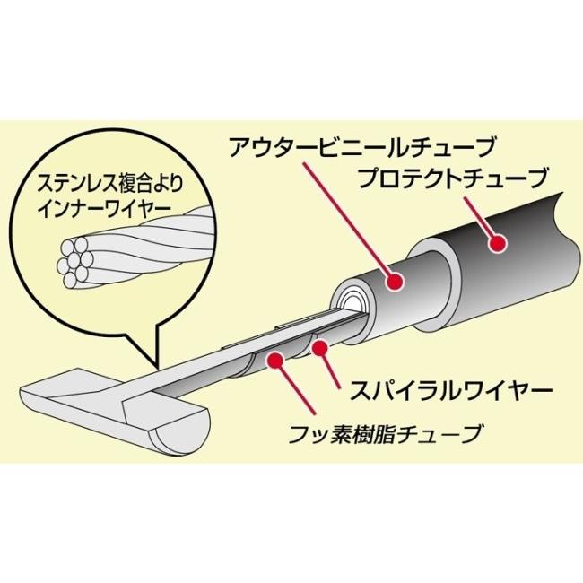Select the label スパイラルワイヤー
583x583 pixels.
(x=439, y=392)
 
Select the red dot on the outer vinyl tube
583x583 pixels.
(x=392, y=283)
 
